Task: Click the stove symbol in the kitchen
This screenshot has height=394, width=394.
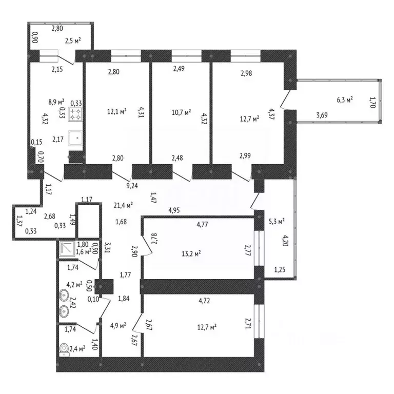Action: tap(75, 114)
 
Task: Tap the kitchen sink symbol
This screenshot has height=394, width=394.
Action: tap(75, 138)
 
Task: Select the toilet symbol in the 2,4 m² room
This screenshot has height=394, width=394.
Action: tap(65, 349)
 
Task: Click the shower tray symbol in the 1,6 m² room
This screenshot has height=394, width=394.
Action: tap(67, 248)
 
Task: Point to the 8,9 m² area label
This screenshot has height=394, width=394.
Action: tap(56, 102)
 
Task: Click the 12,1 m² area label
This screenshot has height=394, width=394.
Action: tap(116, 111)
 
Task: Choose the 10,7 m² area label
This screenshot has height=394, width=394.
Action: tap(181, 112)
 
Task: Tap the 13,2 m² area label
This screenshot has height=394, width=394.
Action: tap(191, 254)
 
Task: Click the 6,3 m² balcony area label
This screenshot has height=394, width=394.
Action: tap(345, 100)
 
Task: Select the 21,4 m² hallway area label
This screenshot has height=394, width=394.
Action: tap(123, 206)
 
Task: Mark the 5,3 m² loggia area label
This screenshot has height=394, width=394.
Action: tap(277, 222)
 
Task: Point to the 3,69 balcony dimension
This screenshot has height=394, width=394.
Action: tap(322, 115)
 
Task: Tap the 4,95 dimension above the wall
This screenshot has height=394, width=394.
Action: tap(174, 210)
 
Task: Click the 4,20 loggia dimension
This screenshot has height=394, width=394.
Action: tap(285, 241)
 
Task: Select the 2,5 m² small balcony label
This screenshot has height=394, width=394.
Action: tap(73, 41)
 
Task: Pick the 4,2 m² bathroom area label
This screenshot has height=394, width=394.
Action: tap(74, 285)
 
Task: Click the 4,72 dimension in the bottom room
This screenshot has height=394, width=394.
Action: tap(204, 301)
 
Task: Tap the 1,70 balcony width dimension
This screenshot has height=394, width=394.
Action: tap(372, 103)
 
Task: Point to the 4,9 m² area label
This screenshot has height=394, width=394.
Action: tap(118, 326)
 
